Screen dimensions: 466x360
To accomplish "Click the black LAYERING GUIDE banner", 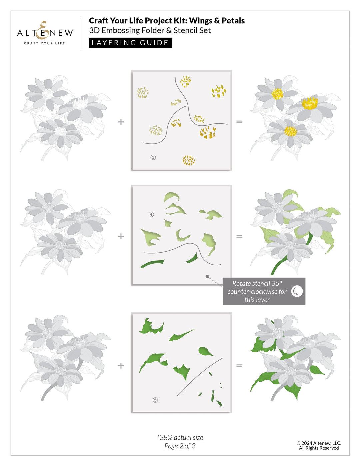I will point(130,43).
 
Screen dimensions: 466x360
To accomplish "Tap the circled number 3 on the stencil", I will point(153,157).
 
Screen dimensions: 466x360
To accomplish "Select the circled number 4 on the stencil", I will point(151,214).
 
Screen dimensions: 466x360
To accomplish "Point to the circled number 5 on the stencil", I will point(155,400).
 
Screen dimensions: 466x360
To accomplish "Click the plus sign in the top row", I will point(121,122).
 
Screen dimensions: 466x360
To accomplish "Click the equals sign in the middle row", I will point(239,236).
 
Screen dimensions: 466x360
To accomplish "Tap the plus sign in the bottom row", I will point(121,366).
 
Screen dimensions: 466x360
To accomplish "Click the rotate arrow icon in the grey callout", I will point(296,291).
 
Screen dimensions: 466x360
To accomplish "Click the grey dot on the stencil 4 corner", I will point(207,277).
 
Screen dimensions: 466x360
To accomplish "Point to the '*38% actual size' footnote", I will point(180,437).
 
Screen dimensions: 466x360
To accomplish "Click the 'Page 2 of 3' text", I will point(180,446).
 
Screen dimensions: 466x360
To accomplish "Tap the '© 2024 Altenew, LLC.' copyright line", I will point(319,443).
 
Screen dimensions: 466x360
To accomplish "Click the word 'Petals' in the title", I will point(233,21).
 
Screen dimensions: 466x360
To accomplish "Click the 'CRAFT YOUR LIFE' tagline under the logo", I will point(44,43).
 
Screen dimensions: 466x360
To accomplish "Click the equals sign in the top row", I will point(239,122).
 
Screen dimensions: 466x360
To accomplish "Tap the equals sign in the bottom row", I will point(239,366).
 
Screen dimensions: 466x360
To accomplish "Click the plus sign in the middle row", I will point(121,236).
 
